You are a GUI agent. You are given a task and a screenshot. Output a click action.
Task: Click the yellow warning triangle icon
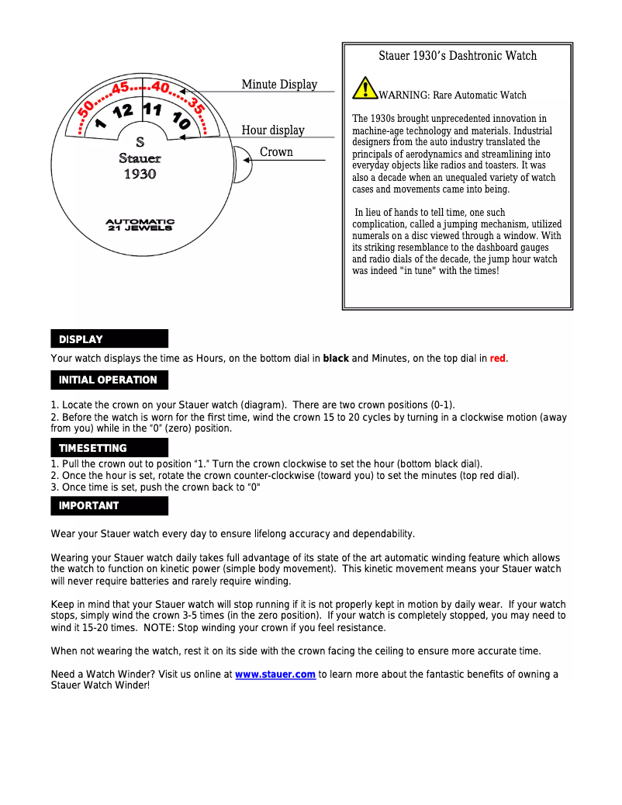pyautogui.click(x=365, y=88)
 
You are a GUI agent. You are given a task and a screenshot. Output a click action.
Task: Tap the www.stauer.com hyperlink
pyautogui.click(x=275, y=675)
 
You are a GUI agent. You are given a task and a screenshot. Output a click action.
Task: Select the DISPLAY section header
pyautogui.click(x=109, y=339)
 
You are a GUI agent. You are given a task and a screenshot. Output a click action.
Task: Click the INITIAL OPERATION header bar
pyautogui.click(x=109, y=380)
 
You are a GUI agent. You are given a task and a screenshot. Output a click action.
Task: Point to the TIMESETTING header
pyautogui.click(x=109, y=448)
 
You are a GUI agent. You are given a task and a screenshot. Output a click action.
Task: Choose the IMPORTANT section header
pyautogui.click(x=109, y=505)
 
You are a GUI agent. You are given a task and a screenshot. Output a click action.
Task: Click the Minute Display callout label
pyautogui.click(x=279, y=85)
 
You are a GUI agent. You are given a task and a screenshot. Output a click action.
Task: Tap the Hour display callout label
pyautogui.click(x=273, y=130)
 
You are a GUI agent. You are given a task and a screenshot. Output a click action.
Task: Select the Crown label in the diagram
pyautogui.click(x=276, y=152)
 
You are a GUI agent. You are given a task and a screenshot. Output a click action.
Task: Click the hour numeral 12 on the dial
pyautogui.click(x=123, y=112)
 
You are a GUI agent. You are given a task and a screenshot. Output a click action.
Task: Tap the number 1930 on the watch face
pyautogui.click(x=140, y=175)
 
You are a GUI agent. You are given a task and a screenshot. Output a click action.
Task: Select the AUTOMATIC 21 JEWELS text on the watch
pyautogui.click(x=140, y=224)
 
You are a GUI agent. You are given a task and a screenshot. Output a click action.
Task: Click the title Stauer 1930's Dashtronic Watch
pyautogui.click(x=458, y=56)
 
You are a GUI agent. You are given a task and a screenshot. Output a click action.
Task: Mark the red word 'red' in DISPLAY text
pyautogui.click(x=497, y=359)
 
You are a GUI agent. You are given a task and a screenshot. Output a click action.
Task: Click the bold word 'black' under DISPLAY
pyautogui.click(x=336, y=359)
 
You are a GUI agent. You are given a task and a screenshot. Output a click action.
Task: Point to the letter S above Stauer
pyautogui.click(x=140, y=142)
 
